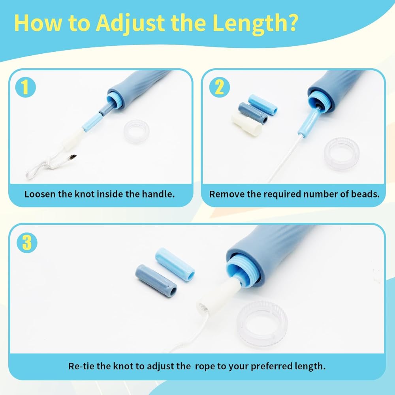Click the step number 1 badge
point(25,87)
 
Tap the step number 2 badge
point(219,87)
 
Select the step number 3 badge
point(27,243)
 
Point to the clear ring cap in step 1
point(137,131)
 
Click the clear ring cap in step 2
point(342,154)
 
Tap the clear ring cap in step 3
point(262,324)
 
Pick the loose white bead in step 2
point(246,125)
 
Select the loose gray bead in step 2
point(253,113)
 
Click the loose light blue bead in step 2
point(263,105)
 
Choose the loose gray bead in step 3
point(156,280)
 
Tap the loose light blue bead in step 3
point(175,264)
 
